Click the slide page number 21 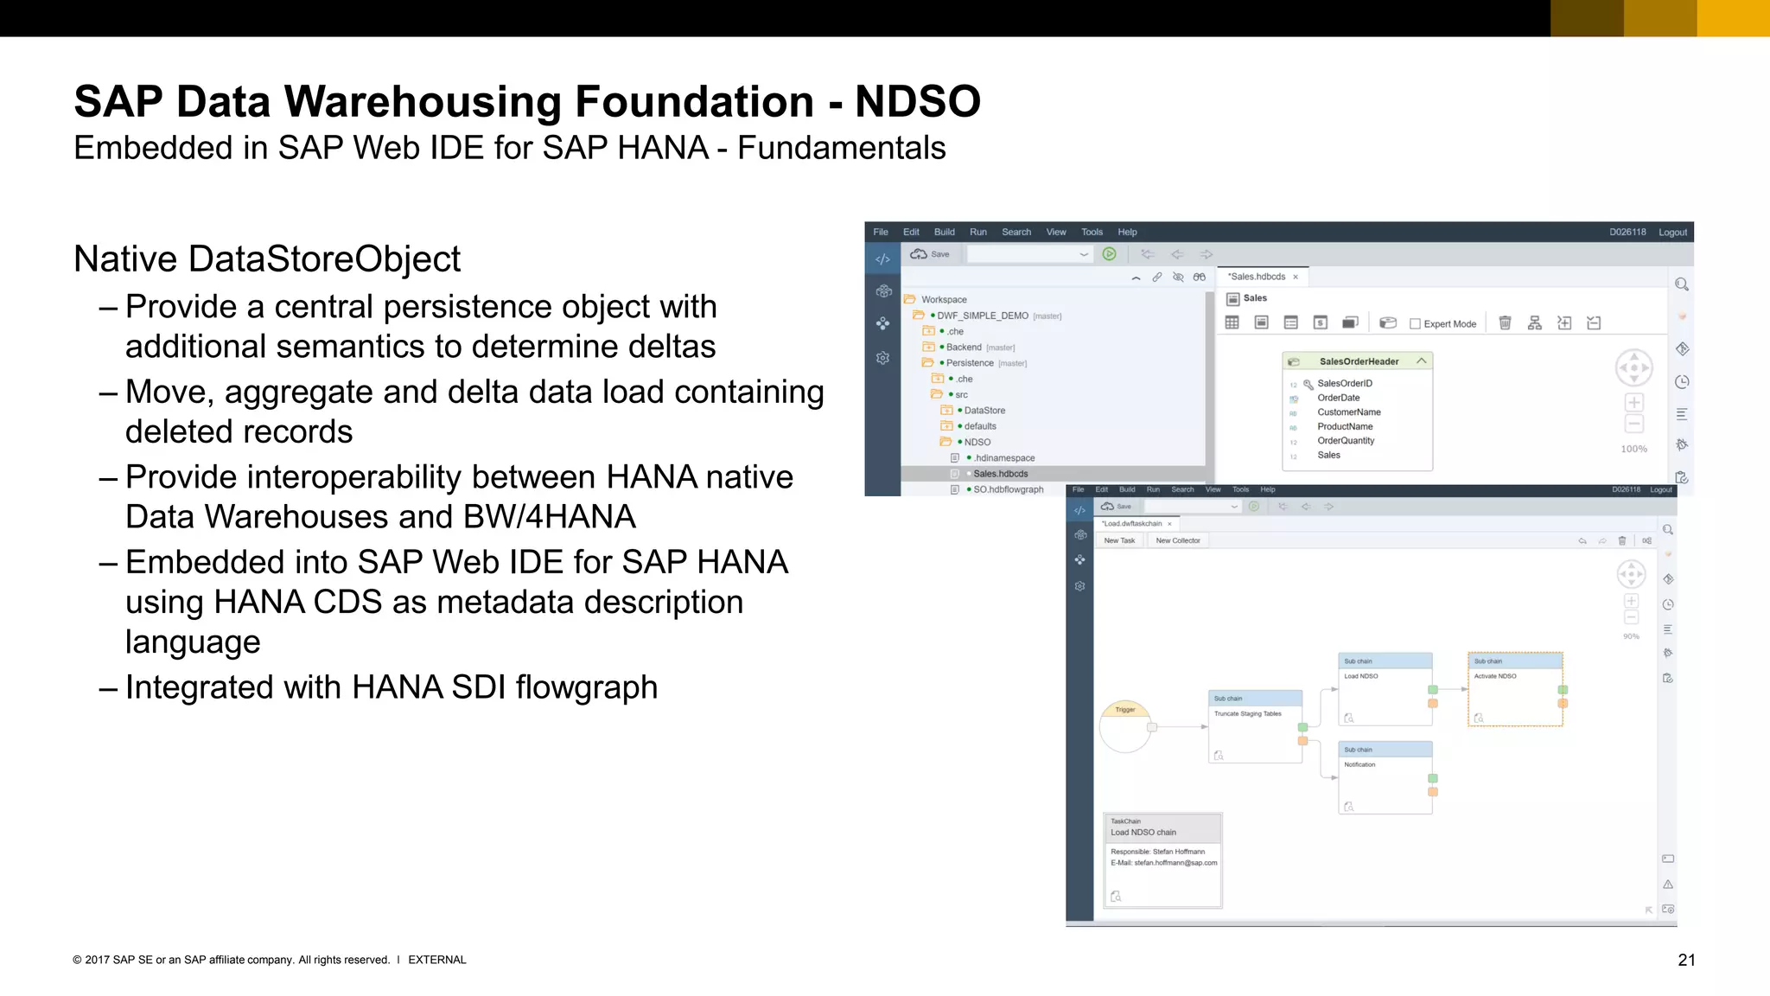[1686, 960]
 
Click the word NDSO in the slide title [918, 102]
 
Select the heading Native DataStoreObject [267, 259]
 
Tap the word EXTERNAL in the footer [436, 960]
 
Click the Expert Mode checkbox [1415, 324]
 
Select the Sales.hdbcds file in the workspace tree [1000, 474]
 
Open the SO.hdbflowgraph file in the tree [1008, 489]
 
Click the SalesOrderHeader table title [1359, 361]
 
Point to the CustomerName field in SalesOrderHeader [1348, 412]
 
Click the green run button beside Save [1109, 254]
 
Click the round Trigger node [1125, 726]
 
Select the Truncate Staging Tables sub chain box [1255, 726]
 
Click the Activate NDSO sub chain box [1515, 689]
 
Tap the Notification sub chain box [1385, 777]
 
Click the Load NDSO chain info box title [1143, 833]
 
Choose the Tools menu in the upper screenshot [1092, 232]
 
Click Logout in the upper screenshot [1672, 232]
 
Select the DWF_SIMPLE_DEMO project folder [982, 316]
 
